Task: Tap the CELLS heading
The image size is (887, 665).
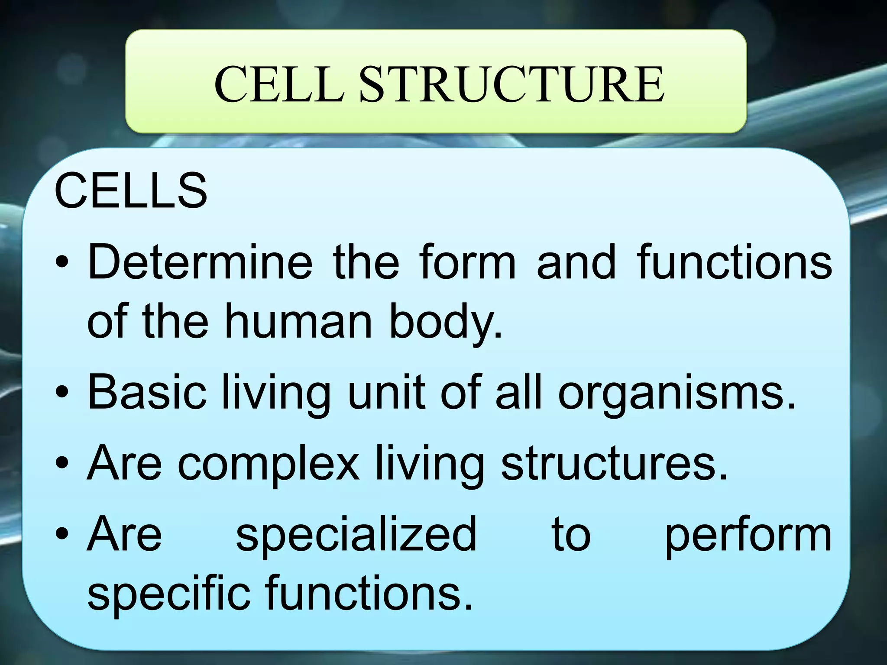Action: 131,190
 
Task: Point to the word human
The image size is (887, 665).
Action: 298,321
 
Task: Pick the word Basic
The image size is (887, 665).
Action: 147,392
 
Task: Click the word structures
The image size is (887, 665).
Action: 614,463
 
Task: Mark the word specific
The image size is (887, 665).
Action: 169,593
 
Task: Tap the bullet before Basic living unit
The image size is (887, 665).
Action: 62,393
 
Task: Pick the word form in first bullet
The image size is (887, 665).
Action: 468,262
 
